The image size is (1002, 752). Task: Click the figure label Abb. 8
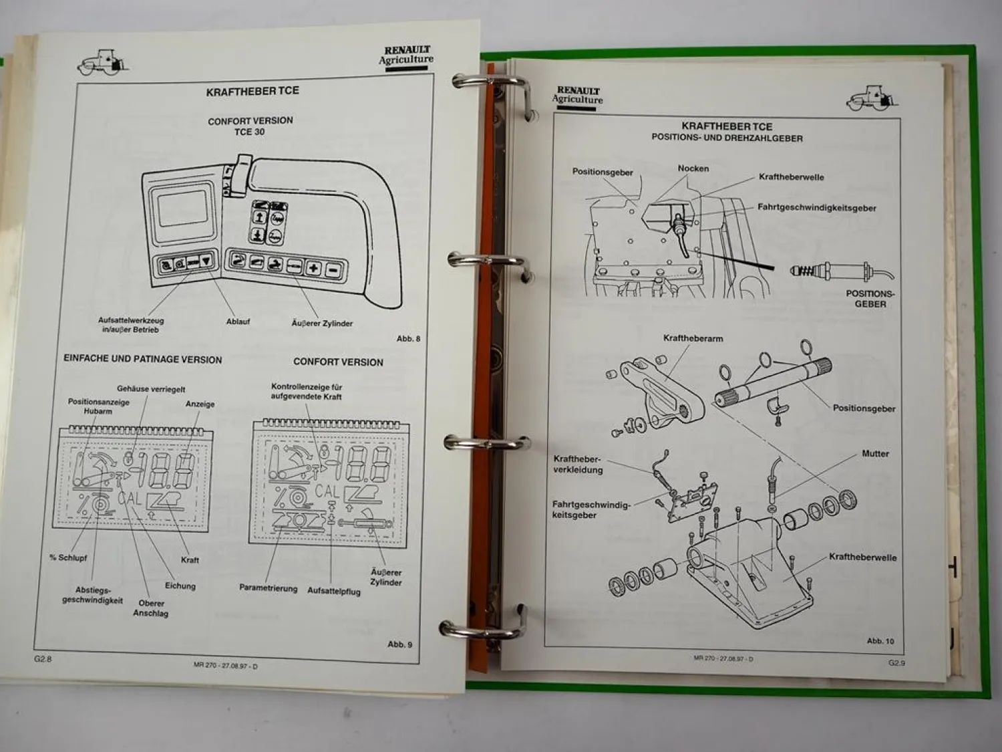(408, 339)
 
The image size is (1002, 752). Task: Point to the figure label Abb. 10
(880, 641)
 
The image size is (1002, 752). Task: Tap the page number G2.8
(43, 658)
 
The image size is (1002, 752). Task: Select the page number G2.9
(896, 663)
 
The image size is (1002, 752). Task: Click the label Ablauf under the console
(238, 322)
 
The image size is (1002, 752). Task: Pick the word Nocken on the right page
(693, 168)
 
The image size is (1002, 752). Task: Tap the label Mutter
(875, 454)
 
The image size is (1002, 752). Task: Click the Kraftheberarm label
(693, 338)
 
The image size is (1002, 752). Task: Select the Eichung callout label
(180, 586)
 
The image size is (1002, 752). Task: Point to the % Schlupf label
(68, 557)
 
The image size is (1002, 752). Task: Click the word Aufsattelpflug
(333, 591)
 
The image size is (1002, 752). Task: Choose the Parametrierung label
(268, 588)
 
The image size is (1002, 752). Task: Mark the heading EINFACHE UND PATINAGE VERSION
(142, 360)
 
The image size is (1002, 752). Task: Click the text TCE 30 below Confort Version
(249, 132)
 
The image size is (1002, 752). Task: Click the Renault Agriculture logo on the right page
(578, 96)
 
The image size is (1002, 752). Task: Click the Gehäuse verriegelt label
(151, 389)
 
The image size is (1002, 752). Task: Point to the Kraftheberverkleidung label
(578, 465)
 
